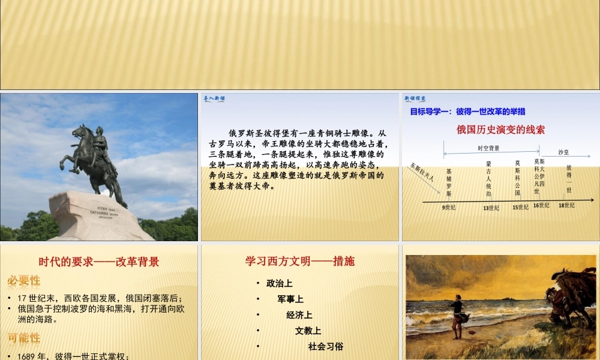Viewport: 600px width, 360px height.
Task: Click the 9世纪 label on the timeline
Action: point(449,207)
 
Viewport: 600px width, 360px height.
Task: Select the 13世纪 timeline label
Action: point(491,208)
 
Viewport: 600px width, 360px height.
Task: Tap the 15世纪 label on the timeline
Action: point(520,207)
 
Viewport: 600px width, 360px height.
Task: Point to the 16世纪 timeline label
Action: point(541,205)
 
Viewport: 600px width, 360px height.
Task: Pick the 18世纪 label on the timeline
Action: point(566,205)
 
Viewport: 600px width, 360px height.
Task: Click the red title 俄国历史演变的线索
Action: point(500,129)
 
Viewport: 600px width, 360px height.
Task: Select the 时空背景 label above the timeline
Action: point(488,148)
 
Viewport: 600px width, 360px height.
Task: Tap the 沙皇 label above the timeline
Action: point(563,152)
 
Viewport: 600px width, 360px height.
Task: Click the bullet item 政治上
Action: point(279,283)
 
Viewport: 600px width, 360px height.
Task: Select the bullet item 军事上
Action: point(290,299)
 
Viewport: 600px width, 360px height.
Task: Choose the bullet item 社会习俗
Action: point(325,346)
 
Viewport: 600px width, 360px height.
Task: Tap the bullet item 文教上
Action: point(308,331)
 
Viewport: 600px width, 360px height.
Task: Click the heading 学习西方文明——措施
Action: point(299,261)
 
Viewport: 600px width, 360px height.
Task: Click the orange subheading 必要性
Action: point(24,281)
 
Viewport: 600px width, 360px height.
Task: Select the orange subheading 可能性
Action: point(24,338)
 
